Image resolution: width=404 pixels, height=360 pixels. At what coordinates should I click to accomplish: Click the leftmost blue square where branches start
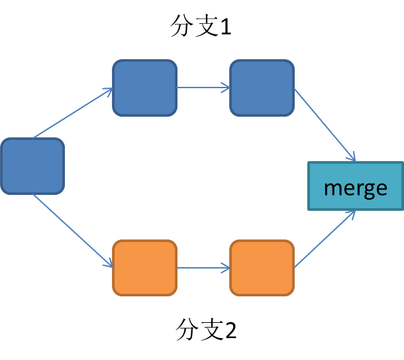pos(32,166)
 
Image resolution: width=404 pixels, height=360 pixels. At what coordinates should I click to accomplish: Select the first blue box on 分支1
pos(145,88)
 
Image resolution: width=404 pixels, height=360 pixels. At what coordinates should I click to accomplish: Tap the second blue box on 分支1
pos(262,88)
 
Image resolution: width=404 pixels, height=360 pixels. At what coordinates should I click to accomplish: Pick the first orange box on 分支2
pos(145,268)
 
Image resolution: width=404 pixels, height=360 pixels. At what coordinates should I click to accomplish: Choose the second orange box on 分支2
pos(262,268)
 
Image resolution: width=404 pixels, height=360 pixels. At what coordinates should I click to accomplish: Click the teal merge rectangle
pos(356,186)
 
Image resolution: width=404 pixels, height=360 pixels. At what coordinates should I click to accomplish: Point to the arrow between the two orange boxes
pos(203,269)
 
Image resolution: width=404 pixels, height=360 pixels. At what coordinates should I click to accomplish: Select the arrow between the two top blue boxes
pos(203,88)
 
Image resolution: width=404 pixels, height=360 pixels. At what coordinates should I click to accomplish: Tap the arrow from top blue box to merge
pos(325,125)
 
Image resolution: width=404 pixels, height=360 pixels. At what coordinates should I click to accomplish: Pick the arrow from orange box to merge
pos(325,239)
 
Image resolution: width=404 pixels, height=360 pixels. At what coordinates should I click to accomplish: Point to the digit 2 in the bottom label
pos(230,330)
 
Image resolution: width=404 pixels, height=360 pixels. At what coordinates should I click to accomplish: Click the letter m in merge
pos(332,188)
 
